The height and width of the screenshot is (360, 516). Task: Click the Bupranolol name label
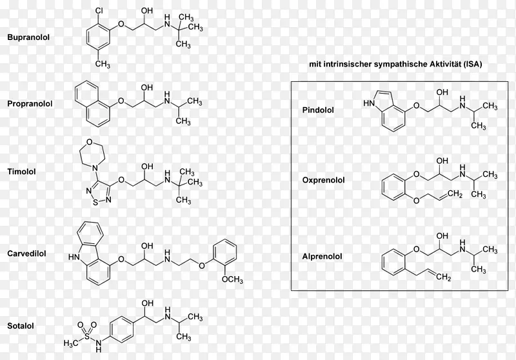(x=28, y=37)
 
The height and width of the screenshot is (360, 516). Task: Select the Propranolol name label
(x=30, y=104)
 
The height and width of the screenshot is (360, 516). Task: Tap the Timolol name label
(x=21, y=172)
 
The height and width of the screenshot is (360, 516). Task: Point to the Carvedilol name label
(x=26, y=254)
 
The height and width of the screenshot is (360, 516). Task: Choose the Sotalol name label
(x=21, y=326)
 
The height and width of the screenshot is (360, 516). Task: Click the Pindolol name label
(x=318, y=110)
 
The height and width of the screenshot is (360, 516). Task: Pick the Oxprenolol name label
(x=324, y=180)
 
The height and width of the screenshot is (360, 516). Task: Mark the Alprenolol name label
(x=322, y=256)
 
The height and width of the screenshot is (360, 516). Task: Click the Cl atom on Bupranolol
(x=99, y=11)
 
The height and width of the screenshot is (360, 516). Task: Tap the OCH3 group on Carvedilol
(x=232, y=280)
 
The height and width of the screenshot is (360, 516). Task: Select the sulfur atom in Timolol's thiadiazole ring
(x=95, y=203)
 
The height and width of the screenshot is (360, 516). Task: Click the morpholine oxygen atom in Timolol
(x=89, y=143)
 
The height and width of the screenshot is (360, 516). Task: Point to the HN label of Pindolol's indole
(x=369, y=103)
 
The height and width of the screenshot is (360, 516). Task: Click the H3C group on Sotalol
(x=71, y=343)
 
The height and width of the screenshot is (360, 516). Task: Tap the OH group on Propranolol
(x=147, y=88)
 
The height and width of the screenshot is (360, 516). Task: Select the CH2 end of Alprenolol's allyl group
(x=444, y=277)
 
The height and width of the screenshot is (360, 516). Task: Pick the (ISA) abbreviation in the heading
(x=473, y=64)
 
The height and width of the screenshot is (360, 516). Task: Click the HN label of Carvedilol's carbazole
(x=74, y=257)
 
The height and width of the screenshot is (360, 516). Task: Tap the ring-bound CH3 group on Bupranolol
(x=103, y=63)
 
